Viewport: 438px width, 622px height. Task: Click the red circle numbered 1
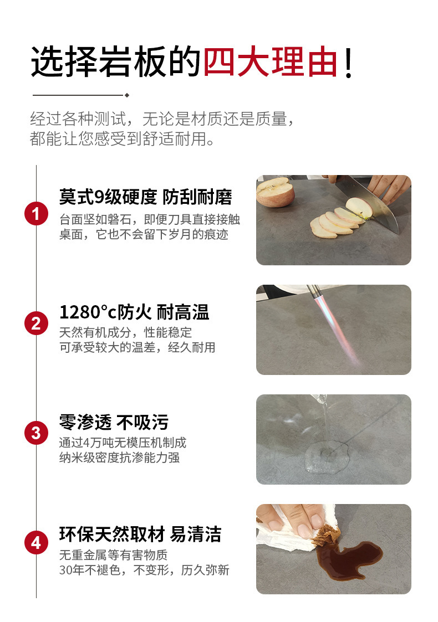36,213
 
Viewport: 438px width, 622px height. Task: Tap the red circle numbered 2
36,323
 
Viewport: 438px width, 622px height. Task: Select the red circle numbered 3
36,433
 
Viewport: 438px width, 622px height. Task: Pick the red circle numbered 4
36,543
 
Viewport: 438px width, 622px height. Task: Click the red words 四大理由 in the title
271,62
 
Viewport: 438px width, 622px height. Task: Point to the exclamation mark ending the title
348,63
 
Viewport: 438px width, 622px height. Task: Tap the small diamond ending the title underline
126,95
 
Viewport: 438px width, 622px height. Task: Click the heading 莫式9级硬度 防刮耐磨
145,197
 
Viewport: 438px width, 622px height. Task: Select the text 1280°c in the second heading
88,312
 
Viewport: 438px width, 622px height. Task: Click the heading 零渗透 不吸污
114,423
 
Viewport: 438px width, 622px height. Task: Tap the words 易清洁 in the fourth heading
196,534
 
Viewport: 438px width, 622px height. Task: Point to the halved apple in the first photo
275,192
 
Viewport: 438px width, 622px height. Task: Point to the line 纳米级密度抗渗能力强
120,457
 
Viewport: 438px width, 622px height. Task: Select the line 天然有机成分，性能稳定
125,332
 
